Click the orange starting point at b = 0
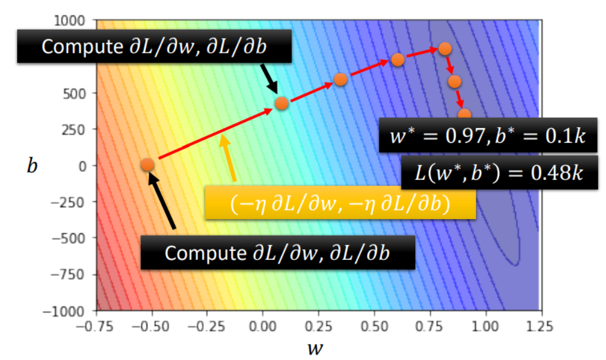[148, 165]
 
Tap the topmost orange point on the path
[445, 49]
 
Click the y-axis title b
[32, 165]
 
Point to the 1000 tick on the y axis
[76, 21]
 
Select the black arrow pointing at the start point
[163, 201]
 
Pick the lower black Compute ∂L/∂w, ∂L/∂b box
[277, 253]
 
